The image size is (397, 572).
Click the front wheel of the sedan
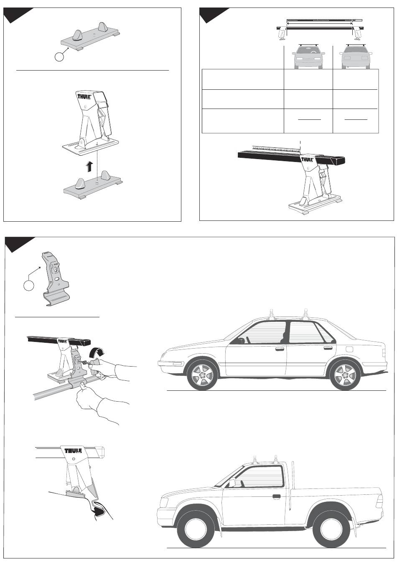click(x=203, y=375)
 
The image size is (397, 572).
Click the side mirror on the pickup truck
click(x=232, y=482)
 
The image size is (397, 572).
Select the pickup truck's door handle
click(x=276, y=496)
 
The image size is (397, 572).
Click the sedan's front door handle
click(x=280, y=349)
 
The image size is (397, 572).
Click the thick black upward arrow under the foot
click(x=89, y=167)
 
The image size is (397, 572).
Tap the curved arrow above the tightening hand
click(x=97, y=353)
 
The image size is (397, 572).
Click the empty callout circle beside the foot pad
click(x=59, y=57)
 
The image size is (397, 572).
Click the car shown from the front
click(x=308, y=57)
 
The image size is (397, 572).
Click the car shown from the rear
click(x=356, y=57)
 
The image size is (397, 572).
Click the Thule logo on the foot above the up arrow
click(x=83, y=97)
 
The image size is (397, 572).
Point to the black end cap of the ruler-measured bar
click(x=338, y=161)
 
